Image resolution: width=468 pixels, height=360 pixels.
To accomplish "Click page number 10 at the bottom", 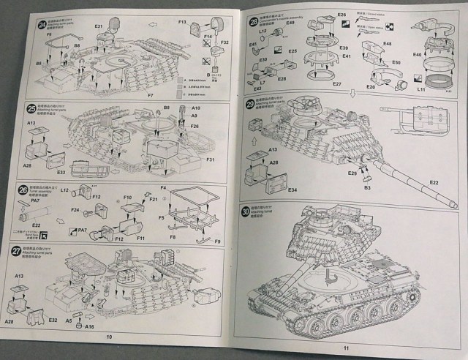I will (108, 337).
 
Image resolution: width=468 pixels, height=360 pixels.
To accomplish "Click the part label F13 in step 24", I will (184, 23).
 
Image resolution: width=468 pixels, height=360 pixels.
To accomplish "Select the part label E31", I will (100, 27).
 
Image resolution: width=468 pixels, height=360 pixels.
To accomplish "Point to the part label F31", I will (209, 159).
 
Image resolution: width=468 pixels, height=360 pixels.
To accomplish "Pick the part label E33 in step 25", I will (61, 173).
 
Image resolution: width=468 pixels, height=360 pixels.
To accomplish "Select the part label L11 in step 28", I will (422, 89).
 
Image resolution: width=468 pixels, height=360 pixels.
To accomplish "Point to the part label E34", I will (292, 190).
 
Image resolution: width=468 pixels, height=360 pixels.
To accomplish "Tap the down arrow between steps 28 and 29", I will (352, 92).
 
